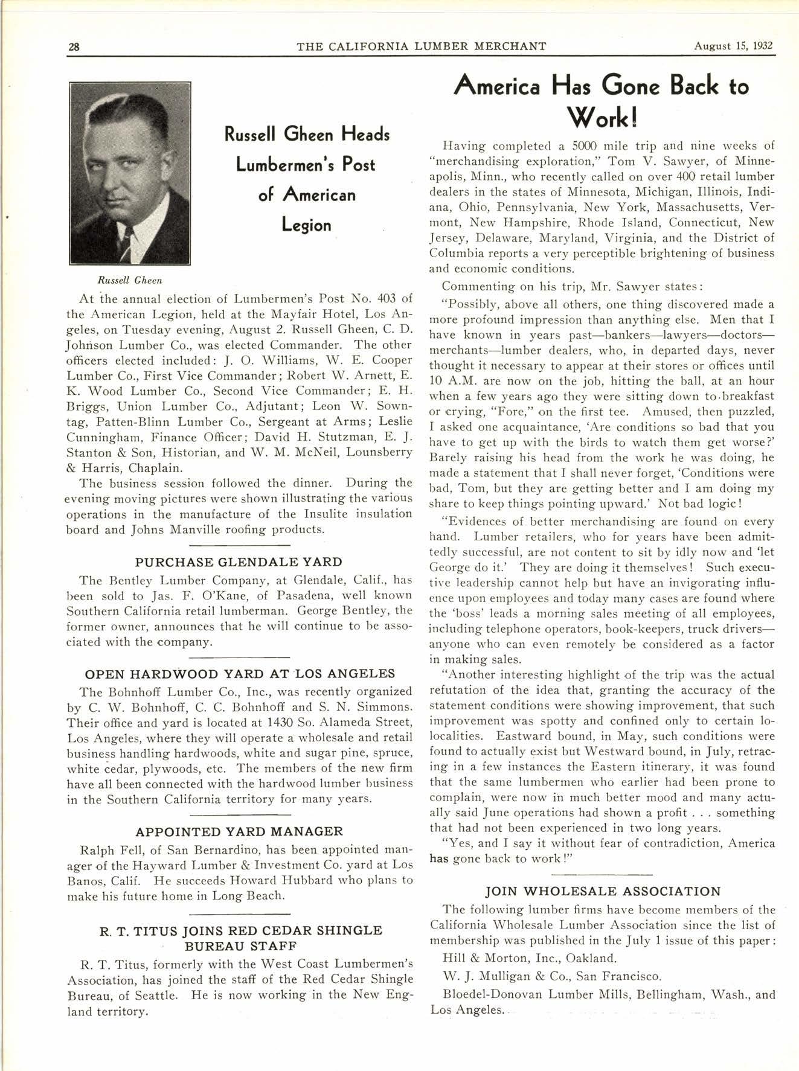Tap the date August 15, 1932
click(x=733, y=46)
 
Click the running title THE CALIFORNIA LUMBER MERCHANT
click(x=422, y=46)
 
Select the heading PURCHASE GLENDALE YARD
click(x=239, y=562)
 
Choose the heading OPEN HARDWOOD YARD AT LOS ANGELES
click(x=240, y=674)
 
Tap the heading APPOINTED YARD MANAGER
click(x=239, y=832)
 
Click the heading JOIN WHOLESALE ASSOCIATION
click(x=603, y=891)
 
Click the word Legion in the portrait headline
click(x=307, y=225)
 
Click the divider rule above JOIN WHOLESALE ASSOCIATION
click(x=603, y=874)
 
